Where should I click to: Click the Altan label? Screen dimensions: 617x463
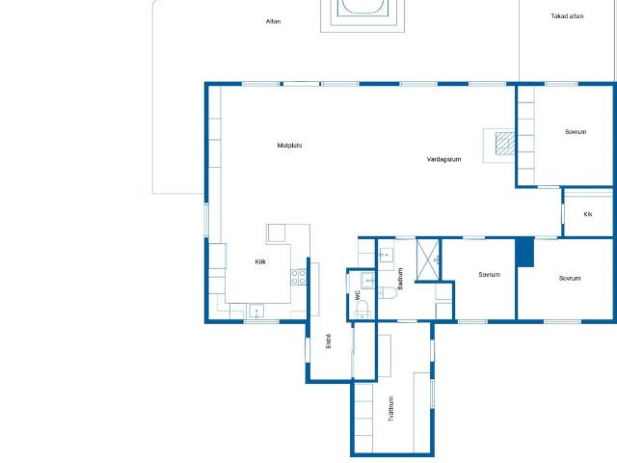click(x=273, y=21)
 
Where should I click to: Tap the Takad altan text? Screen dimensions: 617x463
click(x=567, y=16)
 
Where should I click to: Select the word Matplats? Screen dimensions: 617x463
click(x=289, y=146)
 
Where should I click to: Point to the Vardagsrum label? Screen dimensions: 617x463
click(x=443, y=159)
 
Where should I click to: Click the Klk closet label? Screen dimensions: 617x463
click(x=588, y=214)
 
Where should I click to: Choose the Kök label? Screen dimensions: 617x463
click(x=260, y=261)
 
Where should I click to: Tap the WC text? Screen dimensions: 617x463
click(x=358, y=295)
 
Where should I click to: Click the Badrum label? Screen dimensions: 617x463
click(x=400, y=279)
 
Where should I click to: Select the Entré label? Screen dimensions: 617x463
click(x=329, y=340)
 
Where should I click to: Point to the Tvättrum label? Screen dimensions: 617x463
click(x=390, y=409)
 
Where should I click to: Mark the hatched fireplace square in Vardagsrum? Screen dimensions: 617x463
click(x=505, y=143)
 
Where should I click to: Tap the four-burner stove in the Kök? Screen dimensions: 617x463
click(x=299, y=277)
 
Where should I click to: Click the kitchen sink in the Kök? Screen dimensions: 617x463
click(x=256, y=311)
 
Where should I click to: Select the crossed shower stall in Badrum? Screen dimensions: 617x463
click(x=427, y=259)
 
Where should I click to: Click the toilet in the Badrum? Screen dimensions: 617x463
click(x=388, y=292)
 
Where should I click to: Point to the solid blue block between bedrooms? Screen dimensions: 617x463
click(x=524, y=252)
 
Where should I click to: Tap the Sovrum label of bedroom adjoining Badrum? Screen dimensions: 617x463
click(x=489, y=274)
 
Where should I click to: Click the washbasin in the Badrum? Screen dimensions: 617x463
click(x=386, y=255)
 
